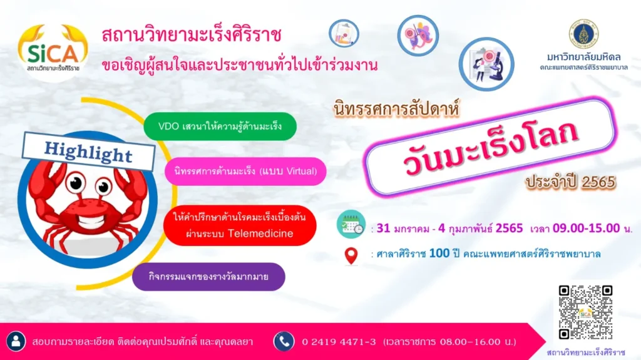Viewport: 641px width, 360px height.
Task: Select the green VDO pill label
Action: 219,126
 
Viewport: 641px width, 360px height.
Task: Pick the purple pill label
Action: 208,277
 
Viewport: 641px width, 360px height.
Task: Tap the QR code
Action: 585,312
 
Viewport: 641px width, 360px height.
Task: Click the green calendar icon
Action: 351,225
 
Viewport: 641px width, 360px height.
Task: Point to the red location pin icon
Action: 352,255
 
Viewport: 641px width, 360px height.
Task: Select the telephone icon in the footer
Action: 284,341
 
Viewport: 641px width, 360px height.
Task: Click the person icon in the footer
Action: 17,341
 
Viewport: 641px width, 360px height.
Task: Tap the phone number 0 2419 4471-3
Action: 339,342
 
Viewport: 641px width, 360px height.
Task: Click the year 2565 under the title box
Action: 598,182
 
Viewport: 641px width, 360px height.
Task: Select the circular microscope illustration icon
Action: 486,64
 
